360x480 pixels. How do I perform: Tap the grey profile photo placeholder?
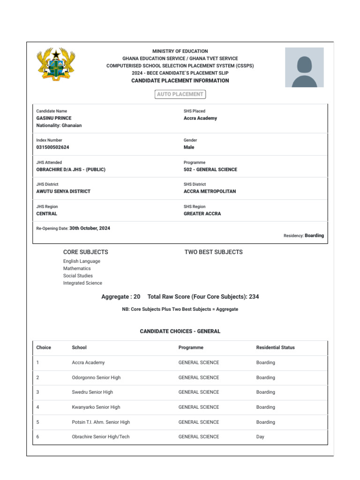(304, 67)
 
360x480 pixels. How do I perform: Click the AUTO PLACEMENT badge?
(180, 94)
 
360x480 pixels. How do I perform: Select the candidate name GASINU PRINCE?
(54, 118)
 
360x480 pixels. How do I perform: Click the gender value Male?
(189, 147)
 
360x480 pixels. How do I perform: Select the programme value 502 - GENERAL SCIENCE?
(210, 170)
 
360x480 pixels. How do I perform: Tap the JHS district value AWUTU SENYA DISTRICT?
(63, 191)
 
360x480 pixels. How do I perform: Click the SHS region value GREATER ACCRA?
(202, 214)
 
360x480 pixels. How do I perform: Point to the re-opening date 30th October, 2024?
(90, 228)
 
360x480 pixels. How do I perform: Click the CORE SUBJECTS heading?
(85, 252)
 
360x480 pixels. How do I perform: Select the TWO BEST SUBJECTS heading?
(213, 252)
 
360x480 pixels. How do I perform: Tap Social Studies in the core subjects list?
(78, 276)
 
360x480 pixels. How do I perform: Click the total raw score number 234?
(254, 297)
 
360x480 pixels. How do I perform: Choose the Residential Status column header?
(275, 347)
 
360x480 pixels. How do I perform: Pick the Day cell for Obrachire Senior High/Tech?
(260, 437)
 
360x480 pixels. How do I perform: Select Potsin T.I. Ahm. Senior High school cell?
(101, 422)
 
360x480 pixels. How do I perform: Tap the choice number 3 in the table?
(38, 392)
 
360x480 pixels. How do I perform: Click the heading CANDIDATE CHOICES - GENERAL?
(180, 331)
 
